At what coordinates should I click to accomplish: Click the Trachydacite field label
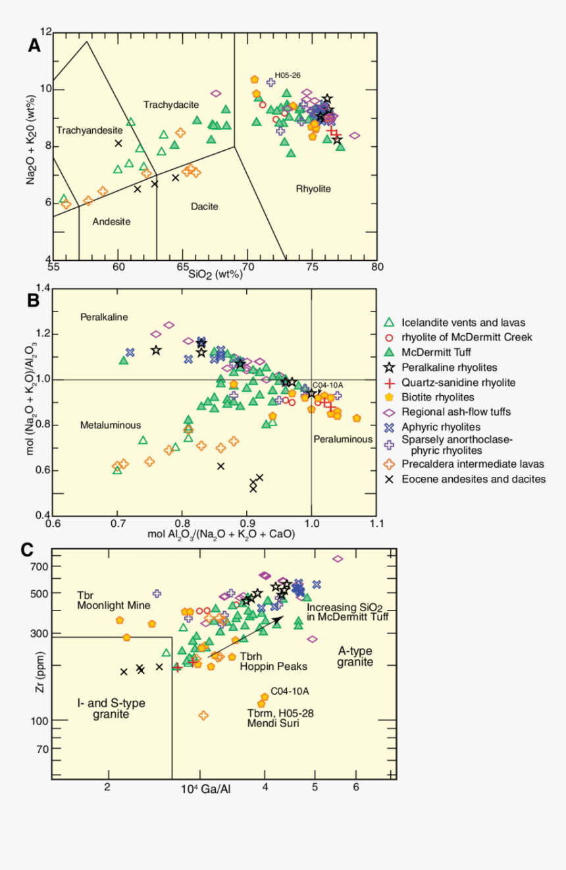(171, 105)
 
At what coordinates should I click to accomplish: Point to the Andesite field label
(111, 221)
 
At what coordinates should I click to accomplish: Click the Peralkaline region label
(104, 317)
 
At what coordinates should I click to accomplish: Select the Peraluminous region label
(343, 439)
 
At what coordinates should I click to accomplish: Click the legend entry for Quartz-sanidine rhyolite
(458, 382)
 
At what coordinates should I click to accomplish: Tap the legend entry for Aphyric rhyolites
(439, 427)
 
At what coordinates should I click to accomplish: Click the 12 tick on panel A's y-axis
(45, 32)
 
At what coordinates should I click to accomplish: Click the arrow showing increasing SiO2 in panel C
(245, 637)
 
